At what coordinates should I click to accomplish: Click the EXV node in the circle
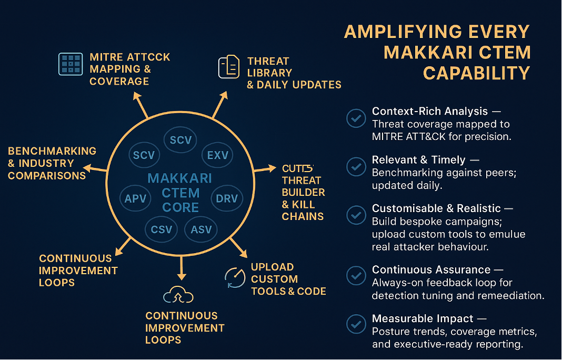(217, 155)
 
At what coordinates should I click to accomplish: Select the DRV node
(227, 199)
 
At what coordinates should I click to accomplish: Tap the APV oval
(135, 199)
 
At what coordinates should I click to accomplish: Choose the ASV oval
(201, 229)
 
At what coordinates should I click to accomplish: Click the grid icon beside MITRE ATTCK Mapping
(70, 64)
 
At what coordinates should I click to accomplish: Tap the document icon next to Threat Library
(229, 68)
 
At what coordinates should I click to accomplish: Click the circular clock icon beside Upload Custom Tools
(234, 277)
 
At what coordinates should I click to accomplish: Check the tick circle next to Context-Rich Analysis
(356, 118)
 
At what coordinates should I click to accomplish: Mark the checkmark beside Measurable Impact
(356, 324)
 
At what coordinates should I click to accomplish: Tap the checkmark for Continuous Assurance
(356, 276)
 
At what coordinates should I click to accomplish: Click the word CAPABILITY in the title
(476, 73)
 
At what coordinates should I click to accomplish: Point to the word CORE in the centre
(180, 207)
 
